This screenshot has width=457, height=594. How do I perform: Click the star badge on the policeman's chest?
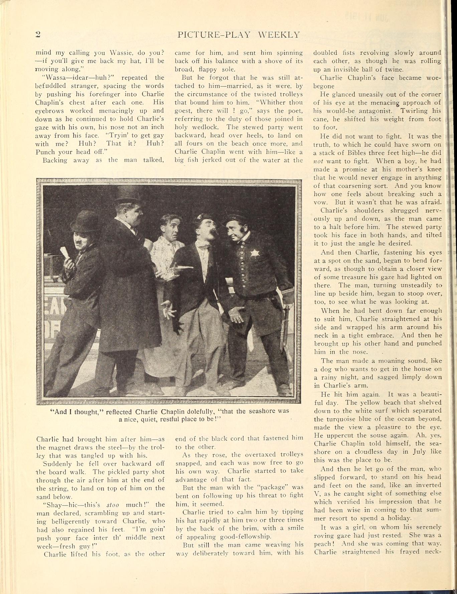click(x=254, y=253)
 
